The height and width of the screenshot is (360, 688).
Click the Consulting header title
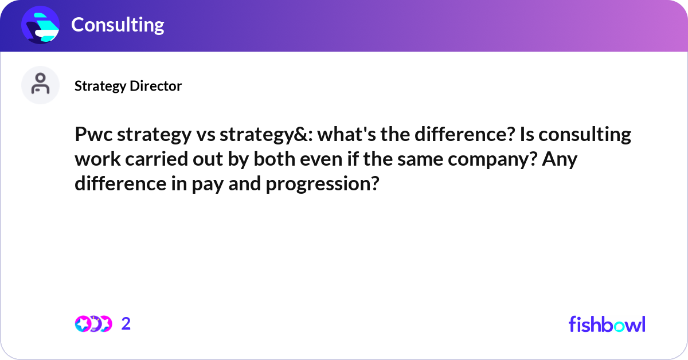pyautogui.click(x=118, y=25)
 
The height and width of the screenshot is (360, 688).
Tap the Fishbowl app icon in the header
pyautogui.click(x=41, y=25)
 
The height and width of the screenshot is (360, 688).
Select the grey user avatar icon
pyautogui.click(x=41, y=85)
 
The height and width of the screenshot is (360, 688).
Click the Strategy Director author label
pyautogui.click(x=128, y=86)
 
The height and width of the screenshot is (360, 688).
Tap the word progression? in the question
pyautogui.click(x=323, y=185)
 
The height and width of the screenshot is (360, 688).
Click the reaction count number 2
pyautogui.click(x=126, y=324)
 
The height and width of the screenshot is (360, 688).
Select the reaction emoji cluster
pyautogui.click(x=93, y=324)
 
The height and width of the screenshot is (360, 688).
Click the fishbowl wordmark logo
pyautogui.click(x=607, y=324)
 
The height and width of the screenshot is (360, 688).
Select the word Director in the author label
pyautogui.click(x=155, y=86)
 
